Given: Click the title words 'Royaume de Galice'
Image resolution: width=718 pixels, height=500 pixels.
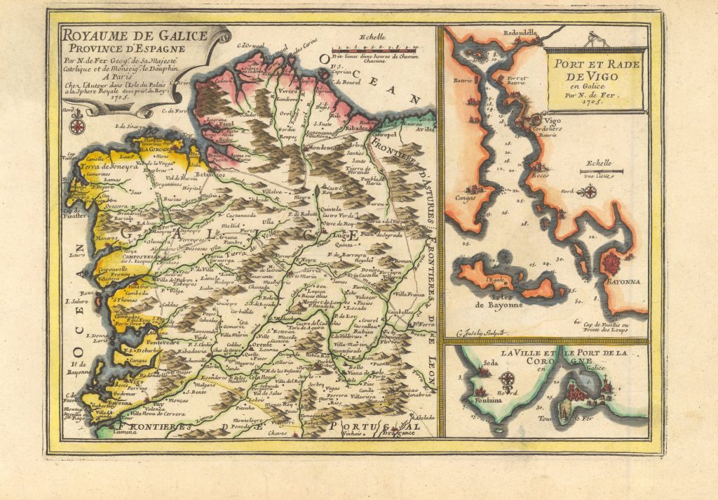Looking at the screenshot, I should (133, 35).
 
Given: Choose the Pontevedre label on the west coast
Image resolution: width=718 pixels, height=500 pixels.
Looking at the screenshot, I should (179, 342).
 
